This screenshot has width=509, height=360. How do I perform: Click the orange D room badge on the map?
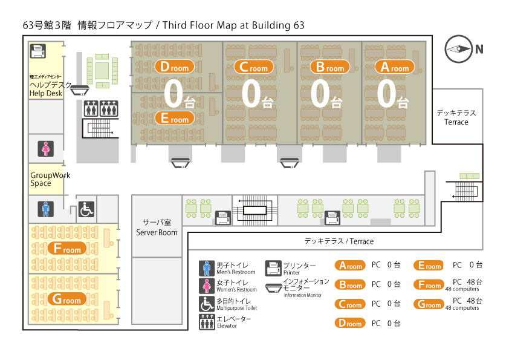click(x=174, y=67)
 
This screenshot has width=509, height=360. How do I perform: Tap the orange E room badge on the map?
click(x=174, y=118)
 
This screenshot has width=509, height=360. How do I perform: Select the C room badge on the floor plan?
click(x=253, y=67)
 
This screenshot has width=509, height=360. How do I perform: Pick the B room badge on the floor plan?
click(x=330, y=67)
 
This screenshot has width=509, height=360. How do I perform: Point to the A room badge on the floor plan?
click(x=395, y=67)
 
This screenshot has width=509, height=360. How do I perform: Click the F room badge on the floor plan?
click(x=67, y=249)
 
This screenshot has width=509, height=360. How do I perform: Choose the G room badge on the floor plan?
click(x=67, y=299)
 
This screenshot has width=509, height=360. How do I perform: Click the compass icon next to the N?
click(x=458, y=49)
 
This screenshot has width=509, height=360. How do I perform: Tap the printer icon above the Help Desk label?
click(x=38, y=51)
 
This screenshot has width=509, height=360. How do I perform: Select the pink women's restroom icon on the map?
click(x=46, y=149)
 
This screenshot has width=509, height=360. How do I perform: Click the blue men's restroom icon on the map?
click(x=46, y=209)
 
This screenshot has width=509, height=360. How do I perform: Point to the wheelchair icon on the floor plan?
click(x=86, y=209)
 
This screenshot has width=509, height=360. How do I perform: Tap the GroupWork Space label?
click(x=50, y=179)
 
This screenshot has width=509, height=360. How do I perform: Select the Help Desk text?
click(x=46, y=94)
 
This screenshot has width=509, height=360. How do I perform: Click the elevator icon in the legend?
click(x=207, y=322)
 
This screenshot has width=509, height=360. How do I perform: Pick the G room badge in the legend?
click(x=429, y=304)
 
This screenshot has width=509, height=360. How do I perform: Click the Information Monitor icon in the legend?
click(x=273, y=288)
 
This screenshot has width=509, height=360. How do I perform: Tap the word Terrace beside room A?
click(x=456, y=122)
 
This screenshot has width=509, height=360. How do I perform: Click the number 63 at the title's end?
click(x=299, y=25)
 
